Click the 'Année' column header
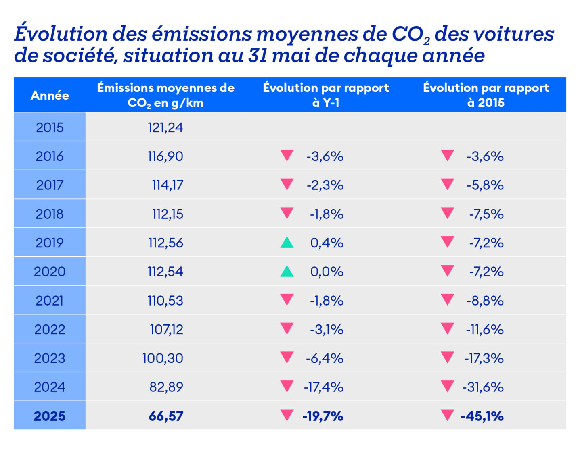[x=50, y=96]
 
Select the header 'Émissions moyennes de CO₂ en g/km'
[x=165, y=95]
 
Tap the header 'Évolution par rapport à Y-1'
[x=326, y=95]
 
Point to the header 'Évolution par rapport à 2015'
[x=486, y=95]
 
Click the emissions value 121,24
[x=165, y=127]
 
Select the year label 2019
[x=50, y=243]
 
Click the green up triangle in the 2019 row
[x=287, y=242]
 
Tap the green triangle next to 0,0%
[x=287, y=271]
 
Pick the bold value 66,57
[x=166, y=416]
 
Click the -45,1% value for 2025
[x=482, y=416]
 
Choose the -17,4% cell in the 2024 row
[x=323, y=387]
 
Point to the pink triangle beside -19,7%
[x=287, y=415]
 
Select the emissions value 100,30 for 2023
[x=163, y=358]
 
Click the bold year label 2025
[x=50, y=416]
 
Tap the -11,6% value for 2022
[x=485, y=329]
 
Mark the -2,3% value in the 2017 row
[x=325, y=185]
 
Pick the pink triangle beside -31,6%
[x=447, y=386]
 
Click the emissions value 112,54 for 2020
[x=165, y=272]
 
